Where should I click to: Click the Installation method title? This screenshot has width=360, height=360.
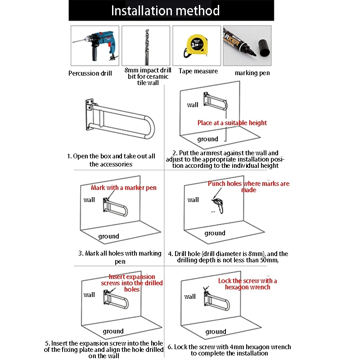coord(165,10)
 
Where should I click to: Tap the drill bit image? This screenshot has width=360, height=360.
coord(146,45)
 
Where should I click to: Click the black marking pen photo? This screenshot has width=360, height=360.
coord(247,45)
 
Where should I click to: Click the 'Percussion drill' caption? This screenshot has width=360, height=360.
coord(90,73)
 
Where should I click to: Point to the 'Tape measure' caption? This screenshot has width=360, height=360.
coord(198,71)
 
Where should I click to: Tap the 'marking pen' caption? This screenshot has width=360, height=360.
coord(252,73)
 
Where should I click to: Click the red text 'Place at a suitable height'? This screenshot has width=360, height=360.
coord(232,123)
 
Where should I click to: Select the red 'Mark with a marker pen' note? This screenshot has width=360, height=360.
coord(124,187)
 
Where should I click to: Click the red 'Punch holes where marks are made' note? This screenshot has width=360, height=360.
coord(248,187)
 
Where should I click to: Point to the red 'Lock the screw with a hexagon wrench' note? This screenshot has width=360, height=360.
coord(247,284)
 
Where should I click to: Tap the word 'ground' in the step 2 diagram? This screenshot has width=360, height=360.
coord(207,139)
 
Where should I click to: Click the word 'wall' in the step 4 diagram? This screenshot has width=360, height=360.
coord(193,200)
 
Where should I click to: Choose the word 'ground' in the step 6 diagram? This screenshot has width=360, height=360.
coord(216,332)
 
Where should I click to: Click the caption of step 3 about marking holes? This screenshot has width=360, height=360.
coord(120,257)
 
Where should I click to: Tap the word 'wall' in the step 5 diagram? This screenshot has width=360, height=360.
coord(89,295)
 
